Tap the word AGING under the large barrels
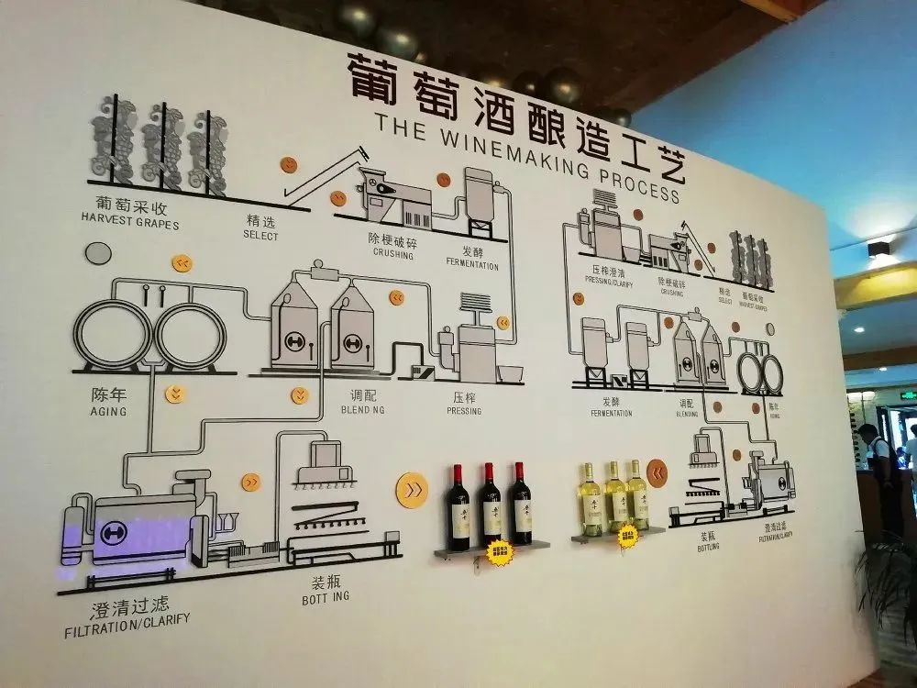108,412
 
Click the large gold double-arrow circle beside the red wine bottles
412,489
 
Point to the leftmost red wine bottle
458,508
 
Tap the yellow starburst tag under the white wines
628,535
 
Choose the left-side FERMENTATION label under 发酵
472,266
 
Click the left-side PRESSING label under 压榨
464,411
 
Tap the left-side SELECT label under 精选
260,235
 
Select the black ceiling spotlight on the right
878,249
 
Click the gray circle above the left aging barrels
97,254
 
